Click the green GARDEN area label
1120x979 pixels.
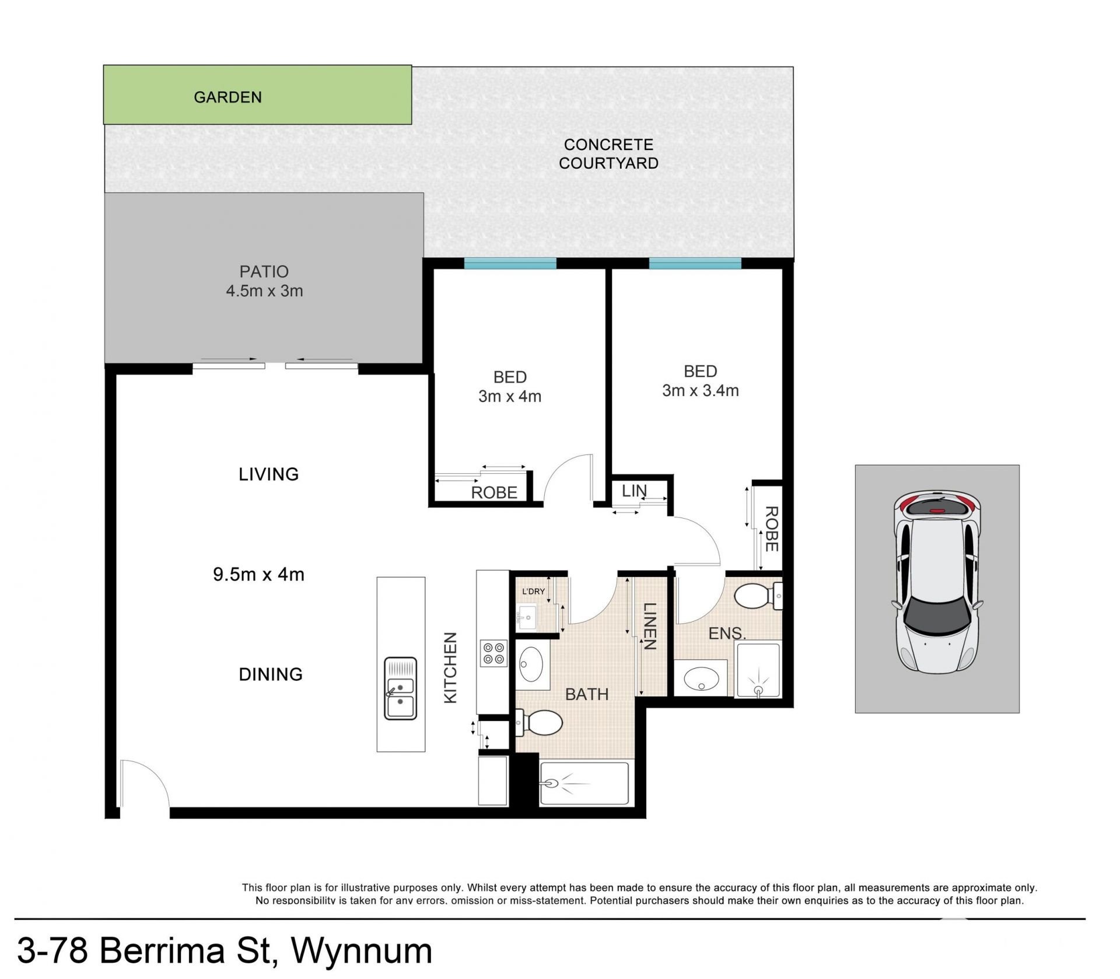pos(228,97)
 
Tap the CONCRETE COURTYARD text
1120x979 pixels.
pos(608,154)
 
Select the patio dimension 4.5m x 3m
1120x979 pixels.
pos(264,291)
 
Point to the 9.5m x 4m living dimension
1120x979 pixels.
pos(258,575)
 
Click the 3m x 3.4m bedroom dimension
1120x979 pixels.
pos(700,390)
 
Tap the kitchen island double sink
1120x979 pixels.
pos(401,688)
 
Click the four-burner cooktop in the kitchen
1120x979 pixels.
pos(492,653)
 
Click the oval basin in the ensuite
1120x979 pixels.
pos(701,678)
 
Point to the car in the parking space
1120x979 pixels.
pos(937,581)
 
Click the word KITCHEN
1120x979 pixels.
pos(450,667)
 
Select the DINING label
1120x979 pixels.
pos(271,674)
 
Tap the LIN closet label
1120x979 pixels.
pos(634,491)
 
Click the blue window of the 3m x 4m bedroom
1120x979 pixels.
pos(510,264)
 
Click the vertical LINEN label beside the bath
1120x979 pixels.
pos(650,626)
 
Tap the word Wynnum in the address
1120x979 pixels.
pos(362,950)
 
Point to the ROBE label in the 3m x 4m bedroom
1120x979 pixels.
pos(494,493)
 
